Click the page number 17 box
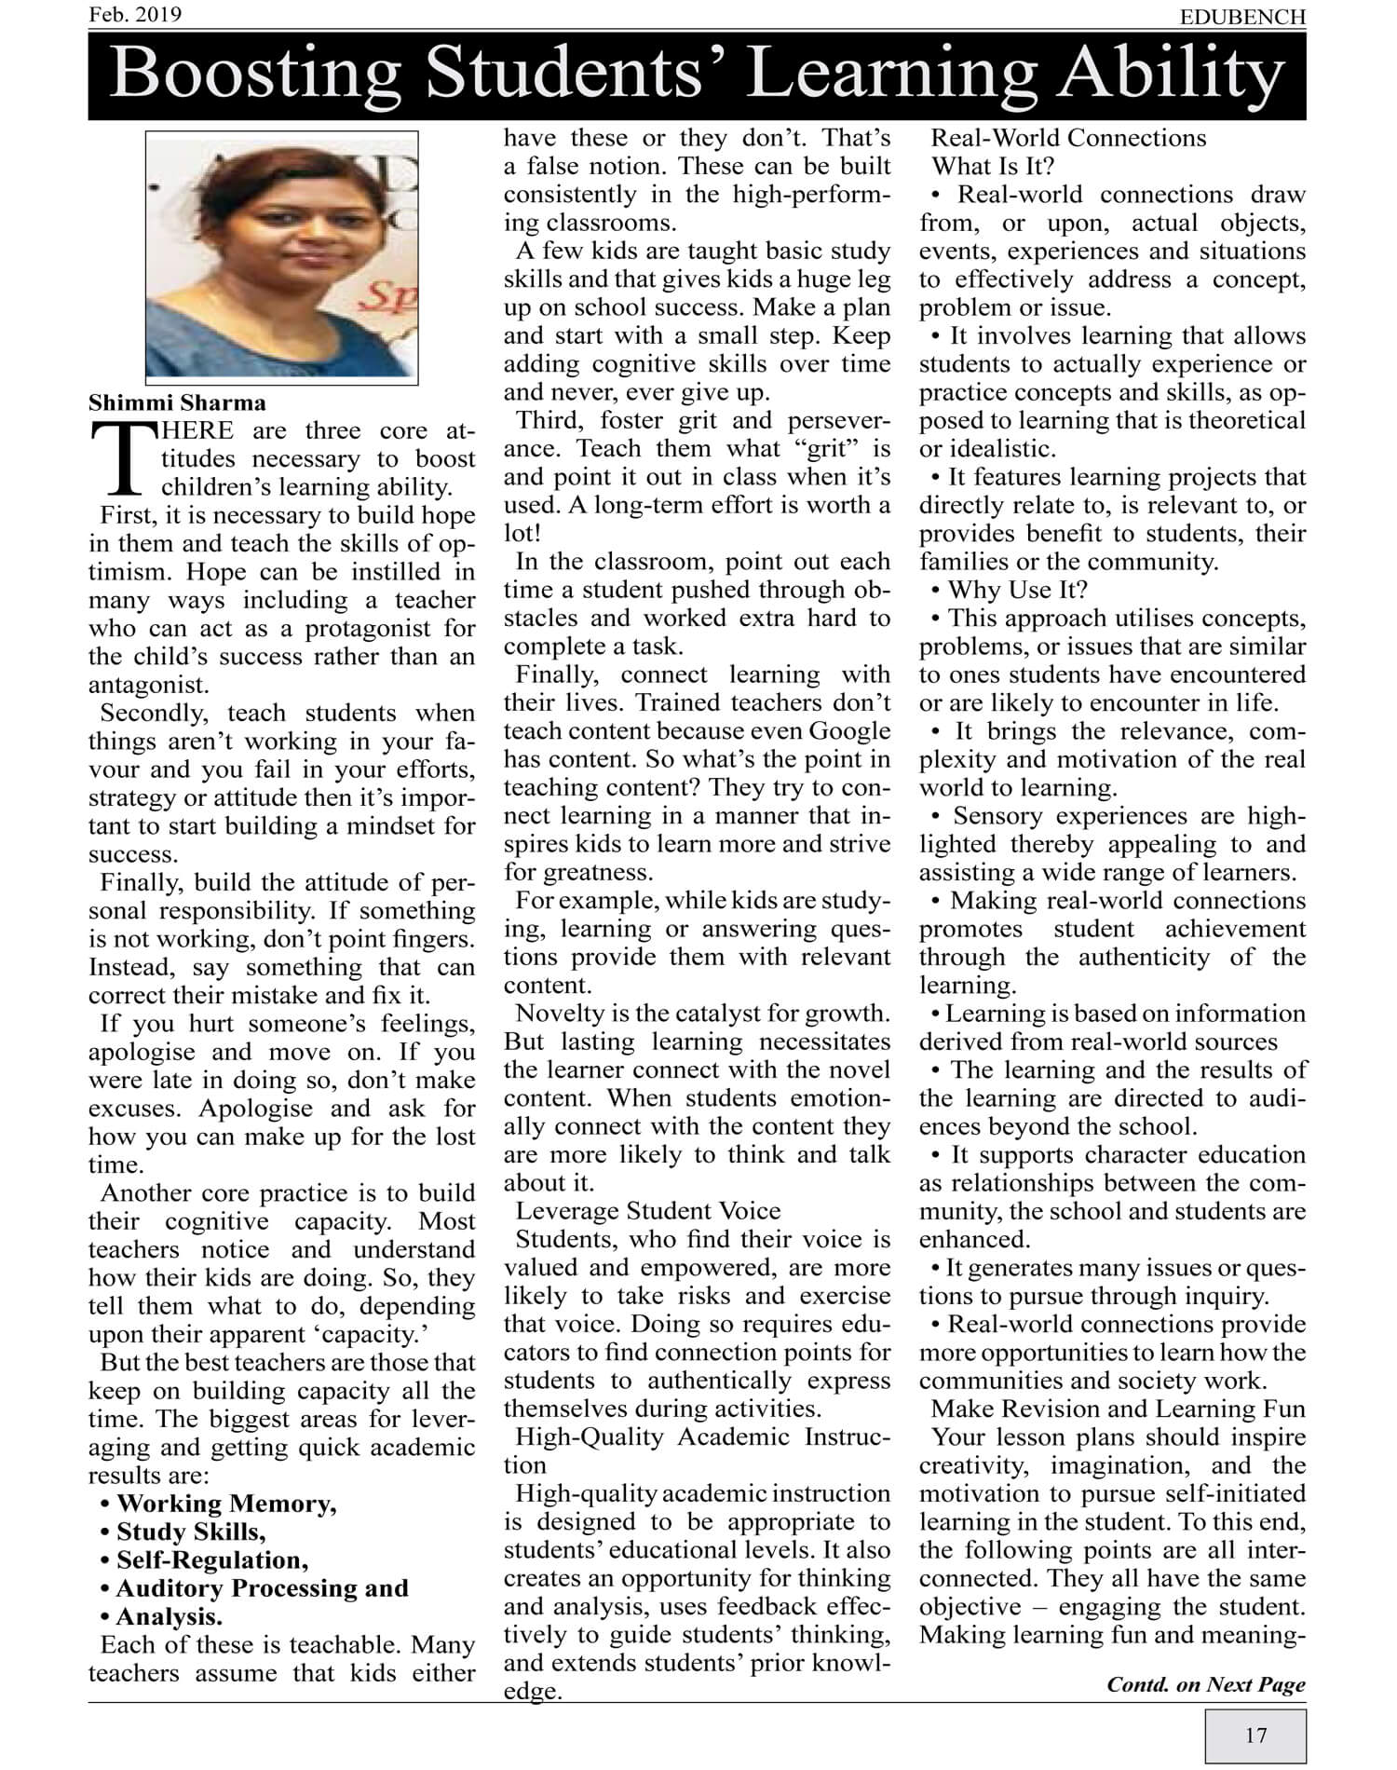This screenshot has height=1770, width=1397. [1255, 1736]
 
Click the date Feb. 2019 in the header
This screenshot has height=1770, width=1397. [135, 15]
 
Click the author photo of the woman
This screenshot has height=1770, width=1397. [281, 254]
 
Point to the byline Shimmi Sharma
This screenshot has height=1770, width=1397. [177, 403]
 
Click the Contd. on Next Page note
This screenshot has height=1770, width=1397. [1206, 1684]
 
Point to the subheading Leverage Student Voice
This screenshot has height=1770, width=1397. [648, 1211]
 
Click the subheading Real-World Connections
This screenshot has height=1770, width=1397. [1068, 139]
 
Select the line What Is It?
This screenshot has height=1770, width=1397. [993, 167]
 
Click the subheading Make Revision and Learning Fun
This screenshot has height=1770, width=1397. [1118, 1409]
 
